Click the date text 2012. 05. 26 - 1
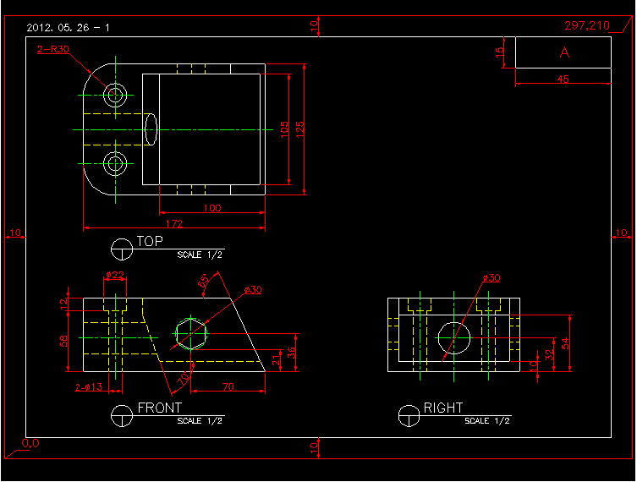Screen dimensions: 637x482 (x=68, y=28)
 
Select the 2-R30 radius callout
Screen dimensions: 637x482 (x=53, y=49)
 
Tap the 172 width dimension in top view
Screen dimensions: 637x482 (x=173, y=223)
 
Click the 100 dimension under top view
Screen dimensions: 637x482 (x=211, y=207)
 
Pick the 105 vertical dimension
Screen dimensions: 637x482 (x=285, y=129)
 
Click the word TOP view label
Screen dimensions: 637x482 (x=150, y=242)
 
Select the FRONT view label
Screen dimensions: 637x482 (x=159, y=408)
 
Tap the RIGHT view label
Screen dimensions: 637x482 (x=443, y=408)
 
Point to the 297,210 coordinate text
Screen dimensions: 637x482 (x=586, y=26)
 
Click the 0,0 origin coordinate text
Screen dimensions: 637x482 (x=30, y=443)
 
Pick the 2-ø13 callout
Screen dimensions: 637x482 (x=88, y=387)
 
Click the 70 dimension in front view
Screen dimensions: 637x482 (x=227, y=386)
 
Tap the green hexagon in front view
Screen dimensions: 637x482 (x=191, y=334)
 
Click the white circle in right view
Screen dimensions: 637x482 (x=454, y=337)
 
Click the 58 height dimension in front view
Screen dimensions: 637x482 (x=64, y=341)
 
